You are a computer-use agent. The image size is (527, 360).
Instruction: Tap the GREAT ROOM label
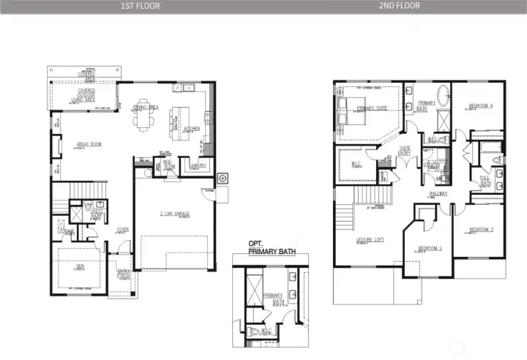pyautogui.click(x=89, y=144)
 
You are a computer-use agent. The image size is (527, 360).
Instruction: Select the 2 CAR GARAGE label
pyautogui.click(x=175, y=213)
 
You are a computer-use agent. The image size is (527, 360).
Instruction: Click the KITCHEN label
pyautogui.click(x=192, y=128)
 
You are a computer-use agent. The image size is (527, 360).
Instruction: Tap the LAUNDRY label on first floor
pyautogui.click(x=198, y=165)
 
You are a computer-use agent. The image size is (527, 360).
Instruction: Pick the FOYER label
pyautogui.click(x=123, y=229)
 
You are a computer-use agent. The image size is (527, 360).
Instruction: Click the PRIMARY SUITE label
pyautogui.click(x=372, y=108)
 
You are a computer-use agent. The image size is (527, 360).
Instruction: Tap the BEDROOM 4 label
pyautogui.click(x=481, y=107)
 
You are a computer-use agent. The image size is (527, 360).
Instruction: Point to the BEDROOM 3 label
pyautogui.click(x=481, y=230)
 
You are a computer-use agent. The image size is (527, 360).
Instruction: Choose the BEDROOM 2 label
pyautogui.click(x=430, y=248)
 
